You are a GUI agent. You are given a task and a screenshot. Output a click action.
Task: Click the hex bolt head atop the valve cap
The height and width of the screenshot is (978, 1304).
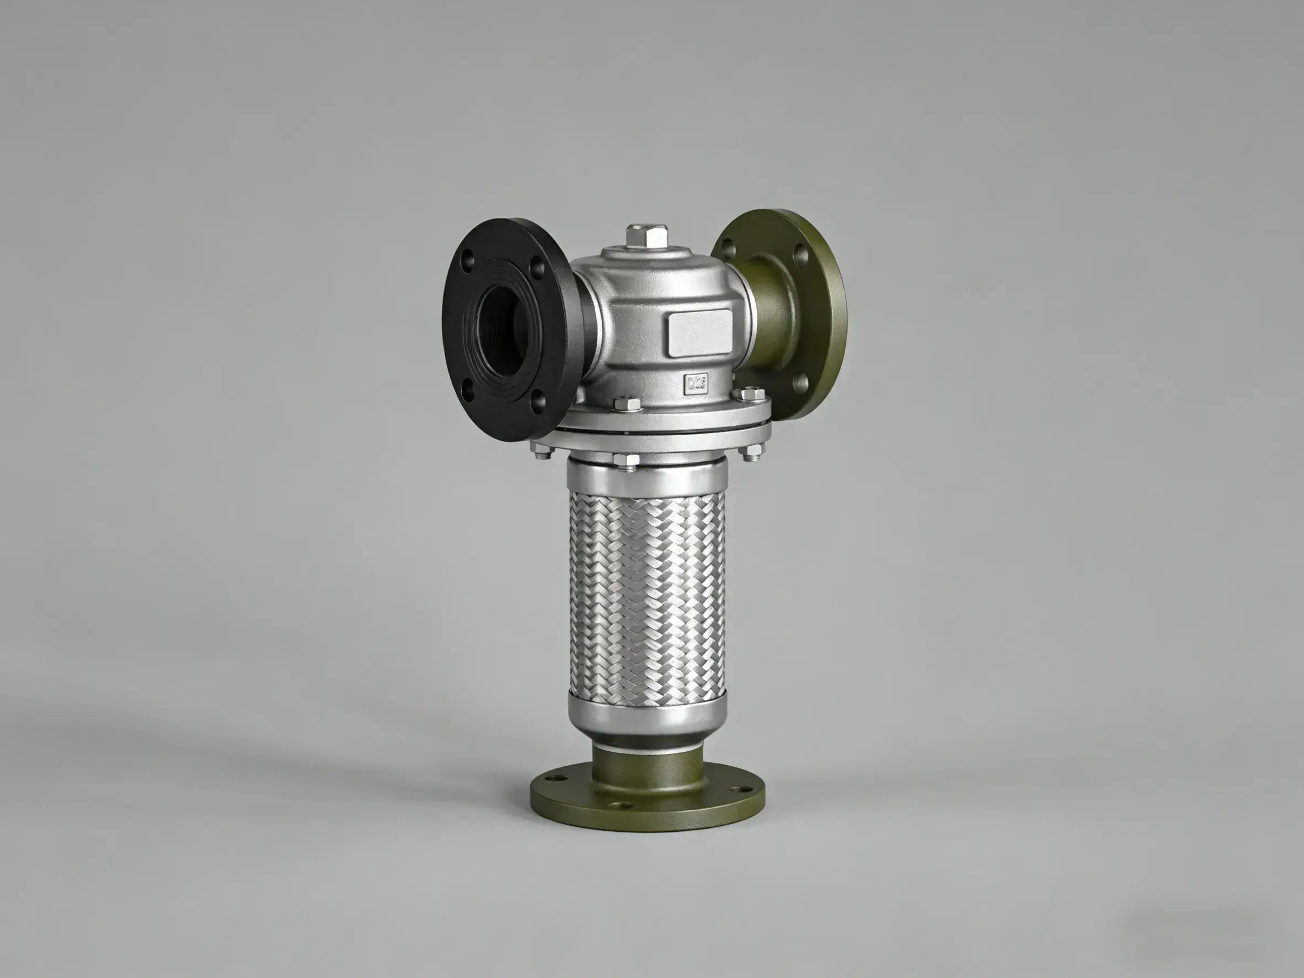pyautogui.click(x=647, y=237)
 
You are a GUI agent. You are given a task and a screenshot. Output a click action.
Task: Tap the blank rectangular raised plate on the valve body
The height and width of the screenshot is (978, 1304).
pyautogui.click(x=700, y=334)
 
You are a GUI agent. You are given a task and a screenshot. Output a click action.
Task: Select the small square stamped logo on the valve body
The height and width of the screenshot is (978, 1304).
pyautogui.click(x=696, y=384)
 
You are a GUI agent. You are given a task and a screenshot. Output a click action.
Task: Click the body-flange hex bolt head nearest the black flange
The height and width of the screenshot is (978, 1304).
pyautogui.click(x=627, y=404)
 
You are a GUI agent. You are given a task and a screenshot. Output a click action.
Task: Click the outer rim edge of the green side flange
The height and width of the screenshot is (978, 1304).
pyautogui.click(x=840, y=318)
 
